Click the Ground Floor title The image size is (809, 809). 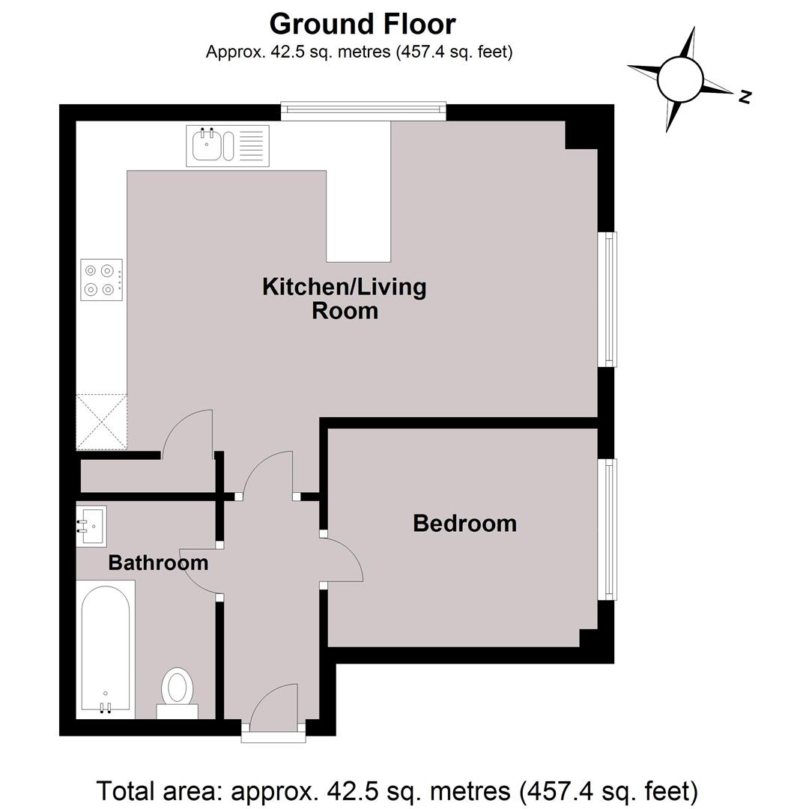[363, 24]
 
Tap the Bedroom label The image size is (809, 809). [465, 524]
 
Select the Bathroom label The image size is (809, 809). [158, 563]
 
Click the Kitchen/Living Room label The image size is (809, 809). [345, 299]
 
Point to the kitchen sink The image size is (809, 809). [228, 146]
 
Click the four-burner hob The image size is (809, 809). [102, 279]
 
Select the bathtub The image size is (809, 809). [106, 649]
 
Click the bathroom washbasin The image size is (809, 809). [91, 526]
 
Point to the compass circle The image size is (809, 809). [680, 79]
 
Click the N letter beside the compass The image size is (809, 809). [744, 97]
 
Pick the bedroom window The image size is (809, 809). [607, 530]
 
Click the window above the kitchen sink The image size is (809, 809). [363, 111]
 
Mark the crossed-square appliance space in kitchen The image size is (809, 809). [102, 422]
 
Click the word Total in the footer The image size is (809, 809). [127, 791]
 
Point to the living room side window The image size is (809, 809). [607, 299]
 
